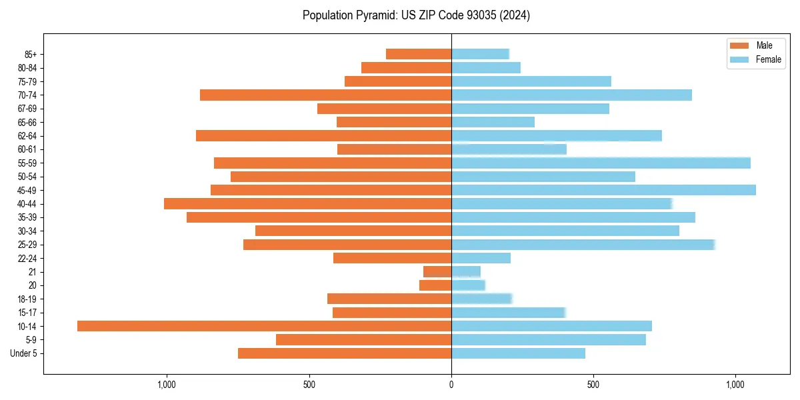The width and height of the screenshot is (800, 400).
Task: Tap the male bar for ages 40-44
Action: coord(307,203)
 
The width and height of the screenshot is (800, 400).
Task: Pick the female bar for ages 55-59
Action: coord(601,163)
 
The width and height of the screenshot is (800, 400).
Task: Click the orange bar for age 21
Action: coord(437,271)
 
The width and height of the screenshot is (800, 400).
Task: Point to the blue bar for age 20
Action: coord(468,285)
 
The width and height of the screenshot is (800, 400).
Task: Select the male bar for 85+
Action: coord(419,54)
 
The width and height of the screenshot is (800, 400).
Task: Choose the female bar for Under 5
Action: coord(518,353)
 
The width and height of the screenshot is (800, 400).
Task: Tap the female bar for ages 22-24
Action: coord(481,258)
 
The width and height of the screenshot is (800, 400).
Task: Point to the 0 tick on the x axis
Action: coord(451,385)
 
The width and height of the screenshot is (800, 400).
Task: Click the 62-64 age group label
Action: coord(27,136)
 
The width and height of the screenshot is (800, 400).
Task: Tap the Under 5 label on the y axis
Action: coord(23,353)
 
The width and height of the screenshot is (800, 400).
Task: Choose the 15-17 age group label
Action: coord(27,313)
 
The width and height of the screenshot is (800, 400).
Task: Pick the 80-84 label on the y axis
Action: coord(27,68)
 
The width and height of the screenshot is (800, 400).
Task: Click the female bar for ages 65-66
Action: coord(493,122)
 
